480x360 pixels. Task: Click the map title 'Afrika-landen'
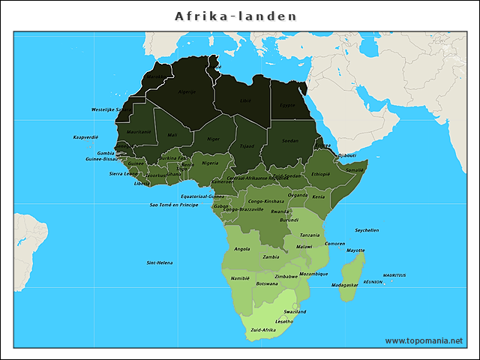pos(236,16)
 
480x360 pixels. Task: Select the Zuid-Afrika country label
pos(263,330)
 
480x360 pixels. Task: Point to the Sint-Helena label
pos(160,262)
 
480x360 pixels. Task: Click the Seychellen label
pos(367,230)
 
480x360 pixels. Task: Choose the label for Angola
pos(242,249)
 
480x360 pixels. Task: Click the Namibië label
pos(240,278)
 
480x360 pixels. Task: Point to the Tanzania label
pos(310,235)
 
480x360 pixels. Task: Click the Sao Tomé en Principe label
pos(174,204)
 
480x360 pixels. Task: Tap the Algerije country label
pos(187,92)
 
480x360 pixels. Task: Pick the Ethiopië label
pos(321,174)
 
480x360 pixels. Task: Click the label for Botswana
pos(267,283)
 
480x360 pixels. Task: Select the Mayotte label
pos(355,250)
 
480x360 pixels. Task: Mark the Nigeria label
pos(210,163)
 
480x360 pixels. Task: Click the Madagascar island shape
pos(351,274)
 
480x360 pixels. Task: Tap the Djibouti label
pos(347,155)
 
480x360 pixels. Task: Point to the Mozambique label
pos(313,274)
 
